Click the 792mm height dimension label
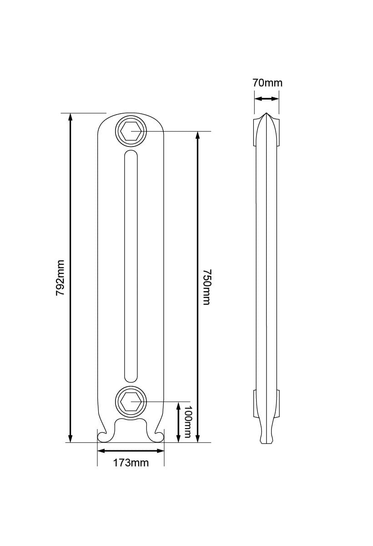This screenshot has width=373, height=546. coord(60,278)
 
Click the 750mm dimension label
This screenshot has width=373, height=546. coord(206,287)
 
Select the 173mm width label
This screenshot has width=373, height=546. coord(131,463)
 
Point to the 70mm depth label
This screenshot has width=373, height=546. coord(267,83)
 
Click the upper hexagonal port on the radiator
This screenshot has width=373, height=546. coord(131,131)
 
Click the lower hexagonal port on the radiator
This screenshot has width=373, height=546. coord(131,402)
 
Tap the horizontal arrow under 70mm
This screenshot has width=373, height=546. coord(267,98)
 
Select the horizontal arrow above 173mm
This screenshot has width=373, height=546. coord(131,451)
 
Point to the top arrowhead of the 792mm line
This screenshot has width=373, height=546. coord(70,116)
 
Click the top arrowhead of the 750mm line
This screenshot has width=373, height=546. coord(197,135)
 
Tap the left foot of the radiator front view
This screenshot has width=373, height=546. coord(104,435)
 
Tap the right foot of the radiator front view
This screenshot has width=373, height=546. coord(157,435)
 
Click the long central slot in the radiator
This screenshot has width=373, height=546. coord(131,266)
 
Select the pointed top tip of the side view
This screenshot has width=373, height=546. coord(266,114)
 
